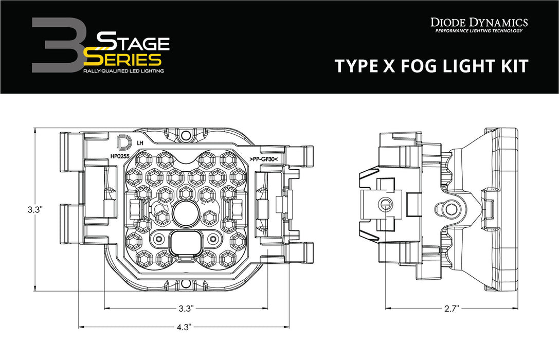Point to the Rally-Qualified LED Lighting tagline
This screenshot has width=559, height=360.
[x=123, y=71]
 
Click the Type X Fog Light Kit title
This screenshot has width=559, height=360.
[x=430, y=66]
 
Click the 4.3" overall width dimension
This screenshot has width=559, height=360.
[x=183, y=327]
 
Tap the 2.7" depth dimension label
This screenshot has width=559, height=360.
[x=450, y=309]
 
